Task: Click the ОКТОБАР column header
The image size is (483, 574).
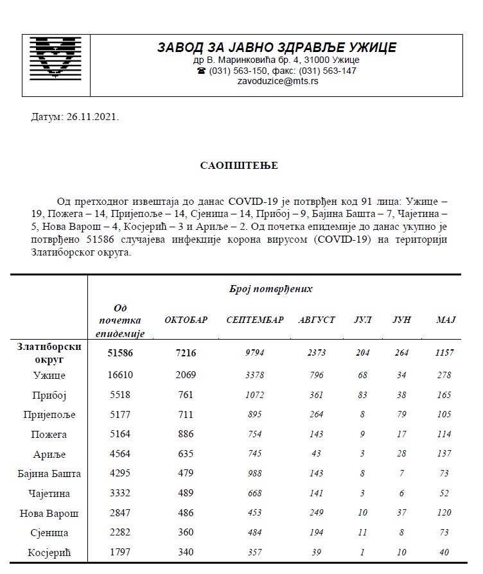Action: pos(186,320)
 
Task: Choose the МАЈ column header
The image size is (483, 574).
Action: pos(445,320)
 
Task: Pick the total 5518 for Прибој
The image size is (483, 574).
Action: pos(120,395)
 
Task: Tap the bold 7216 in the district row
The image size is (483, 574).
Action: pos(186,352)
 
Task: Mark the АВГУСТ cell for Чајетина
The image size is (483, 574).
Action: pos(317,493)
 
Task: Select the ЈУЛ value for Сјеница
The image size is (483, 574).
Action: pos(364,533)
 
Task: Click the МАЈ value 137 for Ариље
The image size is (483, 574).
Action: pos(445,454)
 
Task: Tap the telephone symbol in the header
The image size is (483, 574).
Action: pos(202,71)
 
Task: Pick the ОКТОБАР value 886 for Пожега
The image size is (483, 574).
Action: pos(186,434)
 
